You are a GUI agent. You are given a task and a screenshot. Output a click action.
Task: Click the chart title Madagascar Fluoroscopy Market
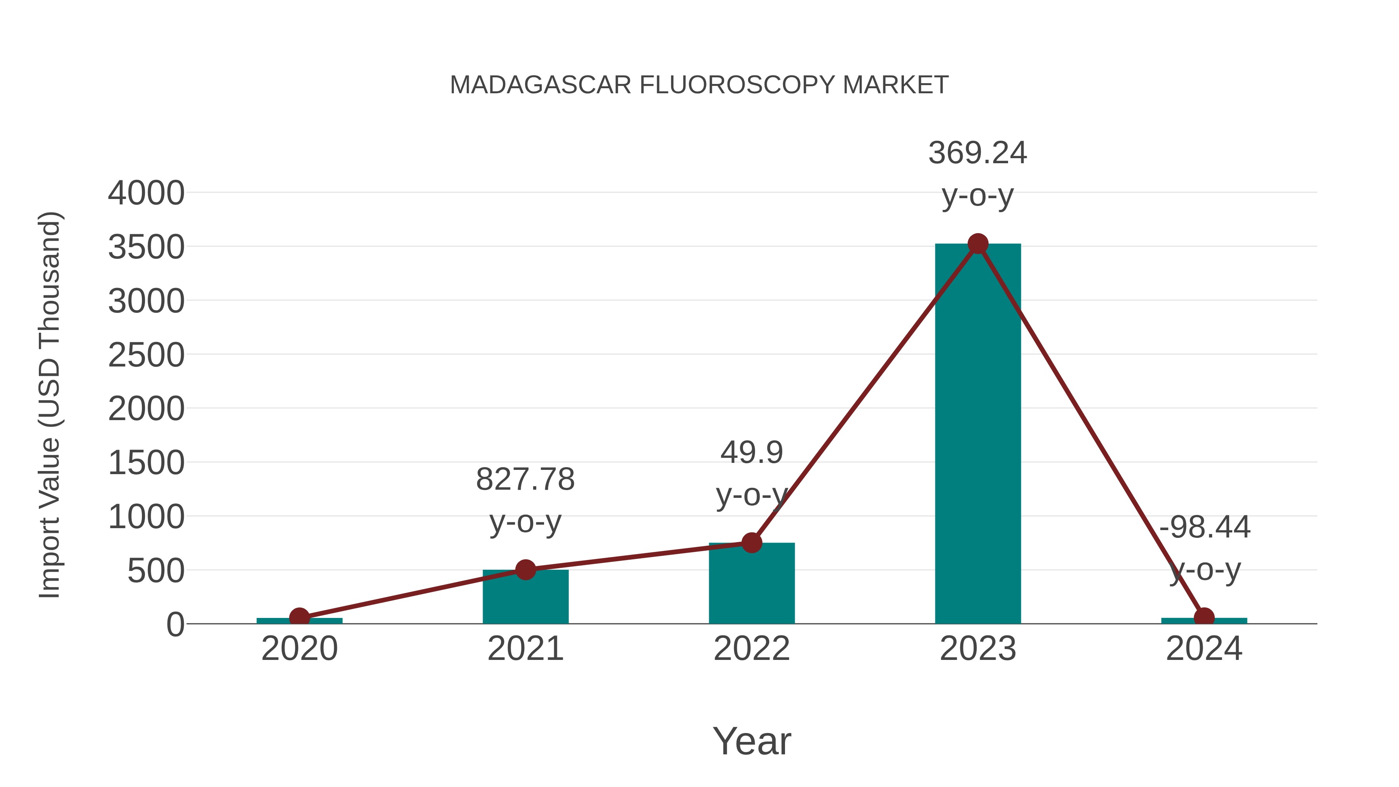click(699, 85)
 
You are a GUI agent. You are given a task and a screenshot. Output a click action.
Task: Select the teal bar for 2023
click(978, 435)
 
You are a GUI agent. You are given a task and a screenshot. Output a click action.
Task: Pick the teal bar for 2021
click(525, 597)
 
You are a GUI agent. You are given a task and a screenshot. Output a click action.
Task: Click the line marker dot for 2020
click(299, 617)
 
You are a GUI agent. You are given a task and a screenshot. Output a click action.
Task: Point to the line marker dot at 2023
click(978, 244)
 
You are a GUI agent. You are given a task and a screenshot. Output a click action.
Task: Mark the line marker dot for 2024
click(1204, 617)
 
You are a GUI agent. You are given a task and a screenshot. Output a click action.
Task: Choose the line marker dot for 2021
click(525, 570)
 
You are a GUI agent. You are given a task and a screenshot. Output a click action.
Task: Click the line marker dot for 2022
click(752, 542)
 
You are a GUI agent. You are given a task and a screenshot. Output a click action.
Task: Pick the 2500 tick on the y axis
click(146, 355)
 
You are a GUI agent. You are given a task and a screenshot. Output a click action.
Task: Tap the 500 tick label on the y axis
click(155, 571)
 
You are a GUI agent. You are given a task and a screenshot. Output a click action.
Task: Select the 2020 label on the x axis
click(299, 649)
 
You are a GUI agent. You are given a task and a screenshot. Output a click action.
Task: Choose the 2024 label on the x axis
click(1204, 649)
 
